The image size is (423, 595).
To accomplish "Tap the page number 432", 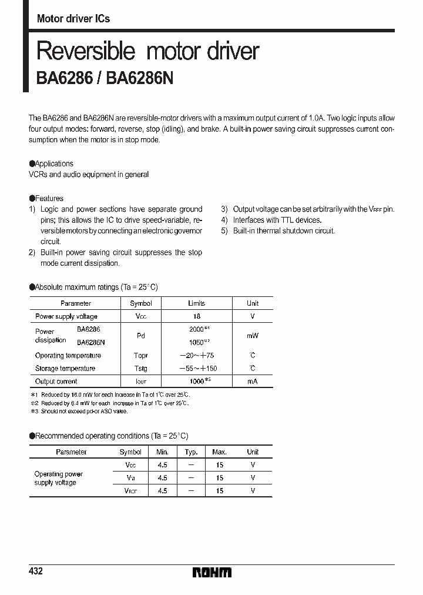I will coord(36,571).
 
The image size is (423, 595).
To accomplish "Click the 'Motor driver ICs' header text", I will coord(73,18).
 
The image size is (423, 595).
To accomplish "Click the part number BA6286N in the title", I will coord(140,78).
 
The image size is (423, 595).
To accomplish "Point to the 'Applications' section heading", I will coord(54,163).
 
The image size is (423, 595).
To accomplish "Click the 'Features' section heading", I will coord(49,198).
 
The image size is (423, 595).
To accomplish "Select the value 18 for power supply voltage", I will coord(196,316).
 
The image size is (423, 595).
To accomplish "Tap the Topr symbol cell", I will coord(140,356).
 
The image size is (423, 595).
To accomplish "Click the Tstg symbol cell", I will coord(140,369).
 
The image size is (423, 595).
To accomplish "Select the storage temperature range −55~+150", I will coord(196,369).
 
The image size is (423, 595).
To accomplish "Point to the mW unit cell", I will coord(253,336).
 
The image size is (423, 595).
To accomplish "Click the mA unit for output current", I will coord(253,382).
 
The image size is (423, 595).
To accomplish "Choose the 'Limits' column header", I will coord(196,303).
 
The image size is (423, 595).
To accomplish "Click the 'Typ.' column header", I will coord(191,452).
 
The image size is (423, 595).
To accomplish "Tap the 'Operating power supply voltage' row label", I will coord(59,478).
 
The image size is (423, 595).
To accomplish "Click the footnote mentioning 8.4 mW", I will coord(112,403).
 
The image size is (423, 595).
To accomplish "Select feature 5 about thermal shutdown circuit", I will coord(278,231).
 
